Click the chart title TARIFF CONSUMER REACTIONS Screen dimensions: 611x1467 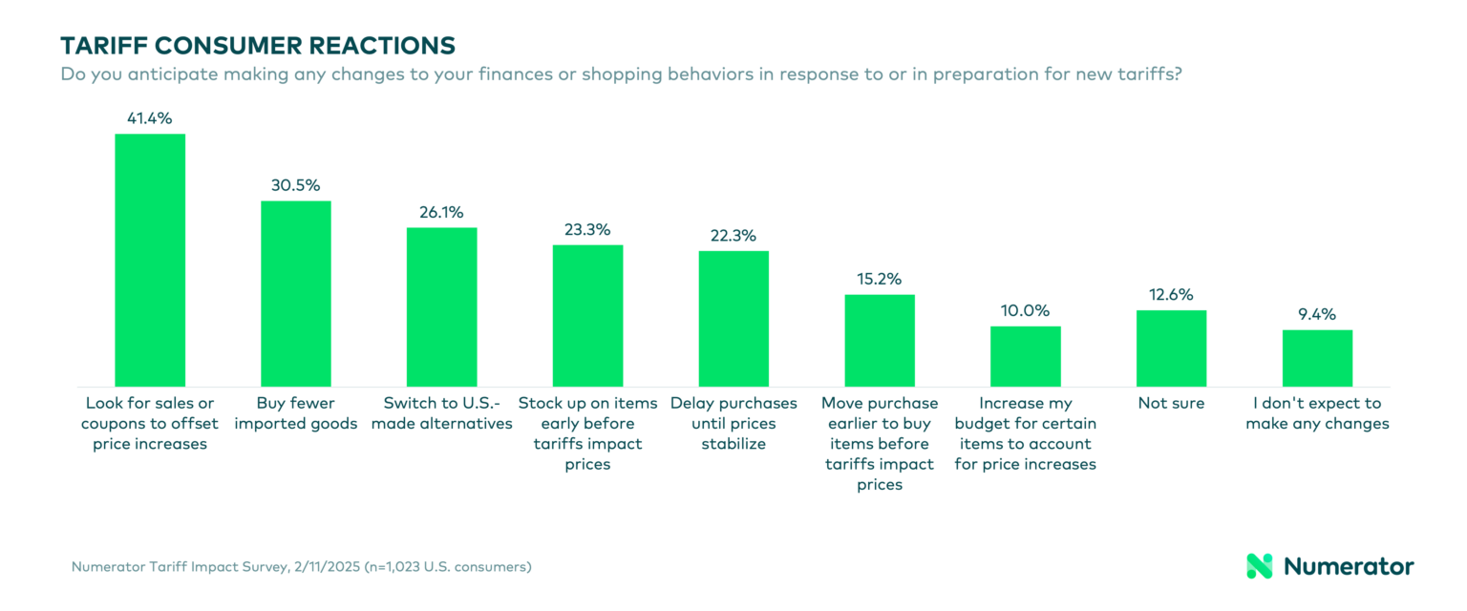pos(257,45)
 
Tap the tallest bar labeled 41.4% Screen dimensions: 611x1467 pos(150,260)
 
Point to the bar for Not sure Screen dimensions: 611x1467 pos(1171,348)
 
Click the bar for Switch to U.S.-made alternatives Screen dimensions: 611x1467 pos(441,306)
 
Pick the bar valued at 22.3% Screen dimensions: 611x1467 pos(733,318)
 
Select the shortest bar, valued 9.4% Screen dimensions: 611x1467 pos(1317,358)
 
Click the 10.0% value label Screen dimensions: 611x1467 pos(1025,310)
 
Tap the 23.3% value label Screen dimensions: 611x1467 pos(587,229)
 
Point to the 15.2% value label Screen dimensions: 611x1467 pos(880,279)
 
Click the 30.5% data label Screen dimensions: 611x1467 pos(296,185)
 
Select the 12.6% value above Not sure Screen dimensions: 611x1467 pos(1171,295)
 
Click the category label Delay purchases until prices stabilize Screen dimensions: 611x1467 pos(733,423)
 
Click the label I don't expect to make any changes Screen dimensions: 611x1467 pos(1317,413)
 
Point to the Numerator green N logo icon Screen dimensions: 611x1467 pos(1260,566)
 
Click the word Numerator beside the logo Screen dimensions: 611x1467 pos(1349,566)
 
